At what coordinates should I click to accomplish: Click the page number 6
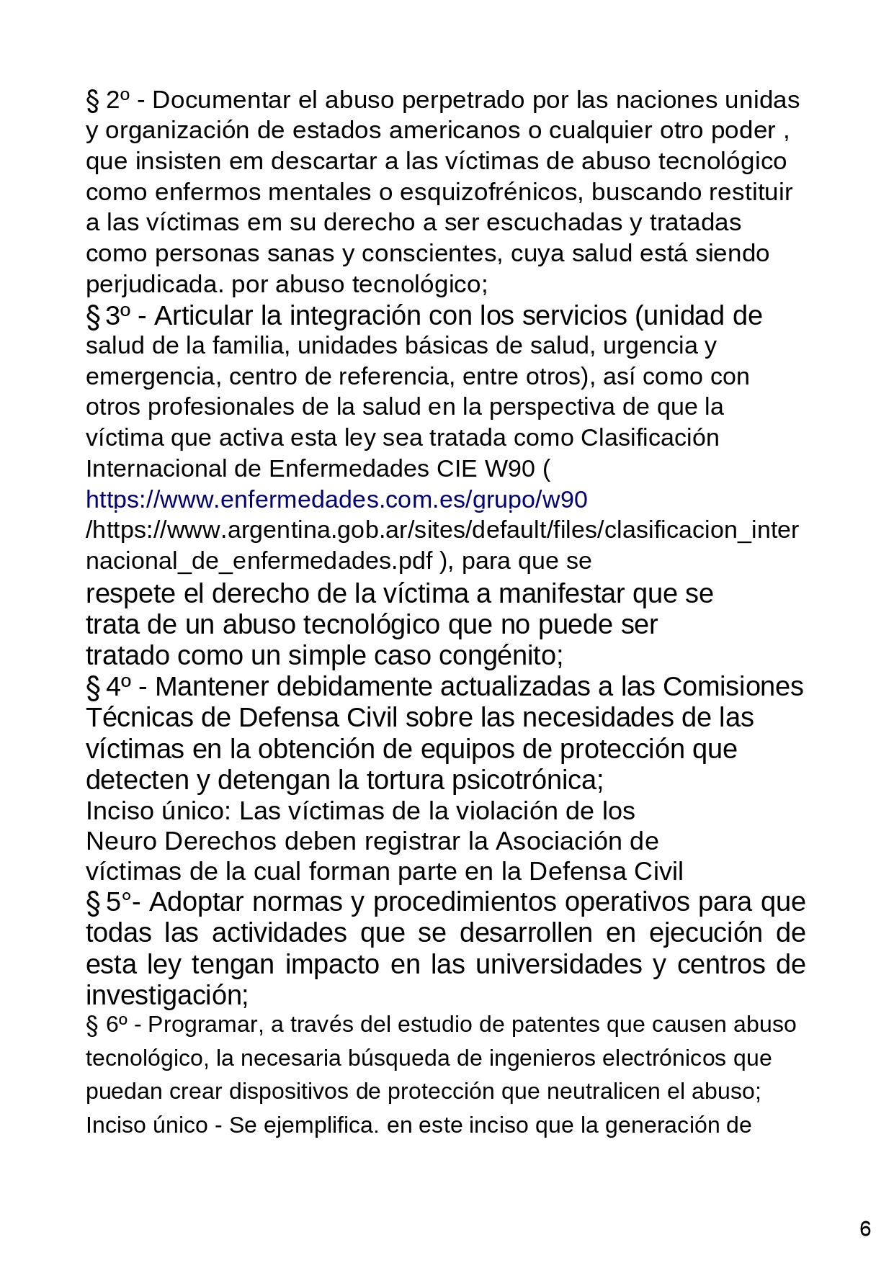pos(865,1228)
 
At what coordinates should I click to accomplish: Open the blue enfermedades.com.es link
pos(336,499)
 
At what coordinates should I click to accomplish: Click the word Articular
pos(204,315)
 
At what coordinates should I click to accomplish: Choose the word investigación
pos(166,995)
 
